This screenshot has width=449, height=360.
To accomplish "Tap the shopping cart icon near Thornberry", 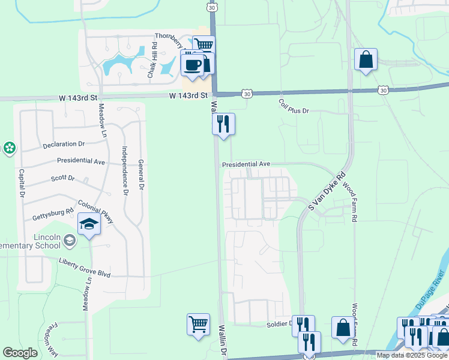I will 204,45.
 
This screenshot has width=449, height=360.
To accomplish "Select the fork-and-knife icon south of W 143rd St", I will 223,124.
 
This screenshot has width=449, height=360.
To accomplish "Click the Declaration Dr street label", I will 64,144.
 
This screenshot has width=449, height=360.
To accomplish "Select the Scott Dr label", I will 62,178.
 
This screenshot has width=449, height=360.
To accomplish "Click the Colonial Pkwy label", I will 97,211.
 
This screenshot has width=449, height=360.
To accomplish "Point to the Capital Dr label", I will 21,183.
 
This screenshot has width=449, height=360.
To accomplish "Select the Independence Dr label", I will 125,171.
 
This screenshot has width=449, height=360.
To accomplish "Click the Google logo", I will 20,353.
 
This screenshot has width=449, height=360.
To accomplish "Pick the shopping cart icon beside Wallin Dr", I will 198,325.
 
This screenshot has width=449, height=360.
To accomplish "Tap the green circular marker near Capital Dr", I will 9,148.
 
